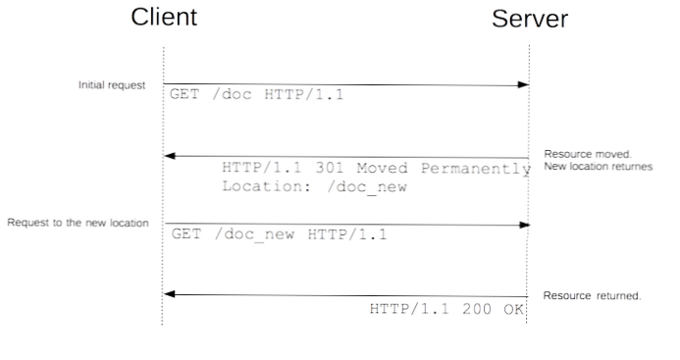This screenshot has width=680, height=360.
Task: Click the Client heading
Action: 164,17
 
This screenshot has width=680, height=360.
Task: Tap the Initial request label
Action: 111,86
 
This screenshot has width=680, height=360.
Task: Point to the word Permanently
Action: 469,168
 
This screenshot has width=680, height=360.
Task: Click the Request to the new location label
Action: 78,223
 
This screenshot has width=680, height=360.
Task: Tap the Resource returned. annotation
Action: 592,295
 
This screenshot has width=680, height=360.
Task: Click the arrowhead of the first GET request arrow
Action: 524,85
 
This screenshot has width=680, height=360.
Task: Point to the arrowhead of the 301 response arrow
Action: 169,155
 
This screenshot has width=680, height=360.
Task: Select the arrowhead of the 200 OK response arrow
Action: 169,293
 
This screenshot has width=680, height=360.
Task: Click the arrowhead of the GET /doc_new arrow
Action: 524,225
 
